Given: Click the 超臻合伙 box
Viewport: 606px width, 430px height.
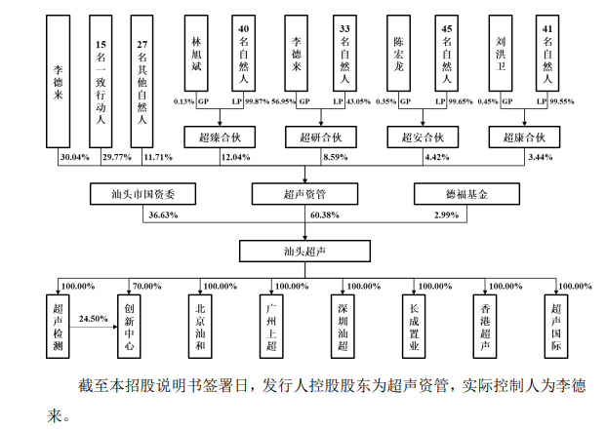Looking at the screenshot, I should coord(219,137).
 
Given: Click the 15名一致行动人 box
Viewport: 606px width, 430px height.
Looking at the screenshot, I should coord(101,77).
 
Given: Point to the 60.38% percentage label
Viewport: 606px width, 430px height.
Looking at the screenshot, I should coord(324,215).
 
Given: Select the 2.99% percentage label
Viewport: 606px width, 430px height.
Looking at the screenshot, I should coord(445,215).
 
